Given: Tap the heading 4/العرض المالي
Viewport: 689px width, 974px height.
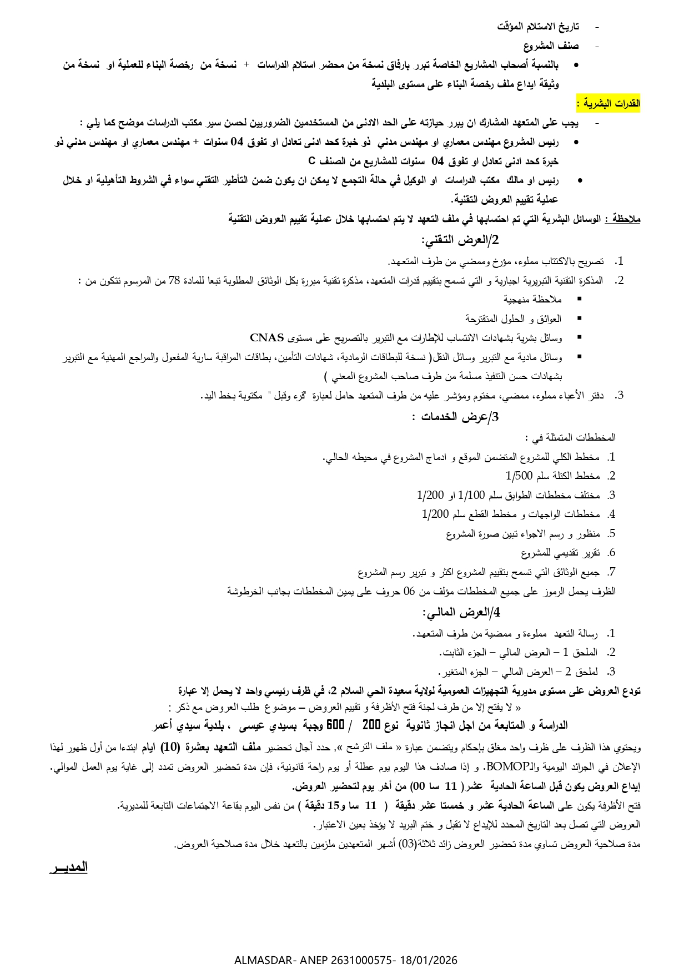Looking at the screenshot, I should click(461, 612).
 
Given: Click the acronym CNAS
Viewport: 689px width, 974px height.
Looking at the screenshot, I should click(267, 337).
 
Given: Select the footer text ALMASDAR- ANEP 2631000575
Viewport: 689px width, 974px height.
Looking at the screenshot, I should click(315, 960).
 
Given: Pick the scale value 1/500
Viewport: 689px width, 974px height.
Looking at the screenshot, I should click(519, 476).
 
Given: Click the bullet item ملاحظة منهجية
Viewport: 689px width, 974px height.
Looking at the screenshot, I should click(532, 300).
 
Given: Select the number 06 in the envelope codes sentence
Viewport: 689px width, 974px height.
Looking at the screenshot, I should click(409, 591).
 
